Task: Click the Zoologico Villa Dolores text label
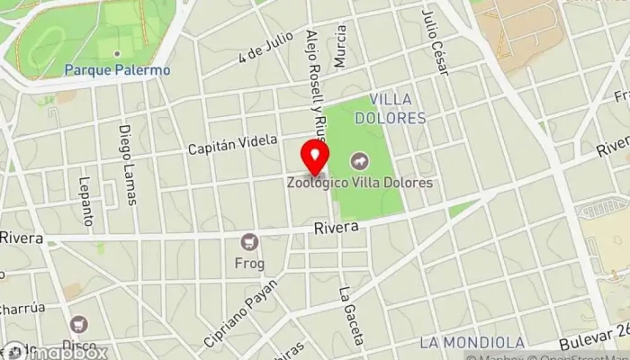[360, 183]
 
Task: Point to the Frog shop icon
[248, 241]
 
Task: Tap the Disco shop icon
[80, 324]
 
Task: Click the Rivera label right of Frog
[337, 229]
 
